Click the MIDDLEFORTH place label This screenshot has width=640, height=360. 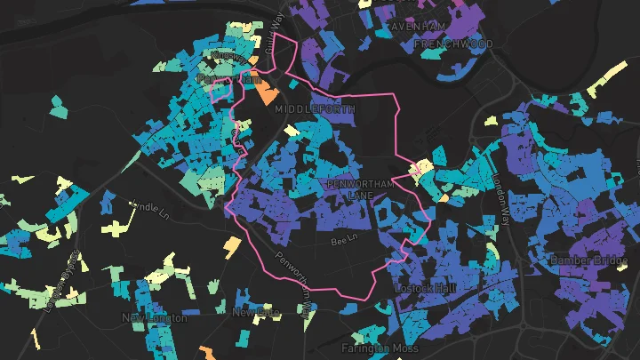315,108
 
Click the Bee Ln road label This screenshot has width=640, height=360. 342,240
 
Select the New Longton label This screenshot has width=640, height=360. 156,317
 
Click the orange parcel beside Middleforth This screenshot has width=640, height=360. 267,92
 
